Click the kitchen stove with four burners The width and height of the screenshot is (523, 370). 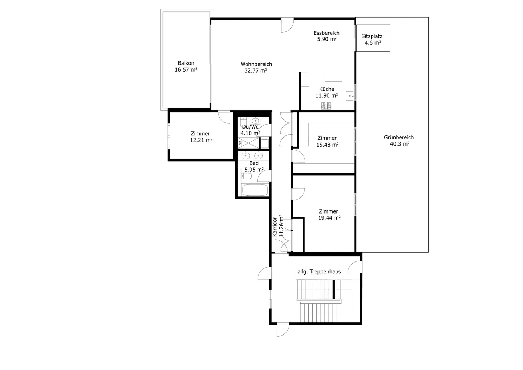(326, 106)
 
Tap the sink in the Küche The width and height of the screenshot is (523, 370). (350, 96)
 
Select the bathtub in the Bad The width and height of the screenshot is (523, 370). (254, 190)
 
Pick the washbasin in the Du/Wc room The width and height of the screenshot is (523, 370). (255, 121)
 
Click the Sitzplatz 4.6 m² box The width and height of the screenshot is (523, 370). (373, 38)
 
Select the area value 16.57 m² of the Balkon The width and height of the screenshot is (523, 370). (186, 70)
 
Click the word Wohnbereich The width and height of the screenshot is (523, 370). (256, 64)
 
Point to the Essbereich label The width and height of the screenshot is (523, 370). (327, 33)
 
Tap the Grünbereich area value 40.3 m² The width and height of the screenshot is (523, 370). (398, 144)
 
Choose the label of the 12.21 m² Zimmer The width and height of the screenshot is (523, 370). (200, 134)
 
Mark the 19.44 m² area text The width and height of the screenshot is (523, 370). (329, 218)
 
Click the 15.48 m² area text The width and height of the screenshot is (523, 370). (327, 145)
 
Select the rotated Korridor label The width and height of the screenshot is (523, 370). (275, 227)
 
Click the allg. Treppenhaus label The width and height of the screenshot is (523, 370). (319, 272)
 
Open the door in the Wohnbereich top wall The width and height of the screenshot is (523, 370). (287, 25)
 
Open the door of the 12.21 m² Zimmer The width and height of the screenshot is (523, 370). (224, 117)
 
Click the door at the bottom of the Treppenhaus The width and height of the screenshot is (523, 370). (283, 330)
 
